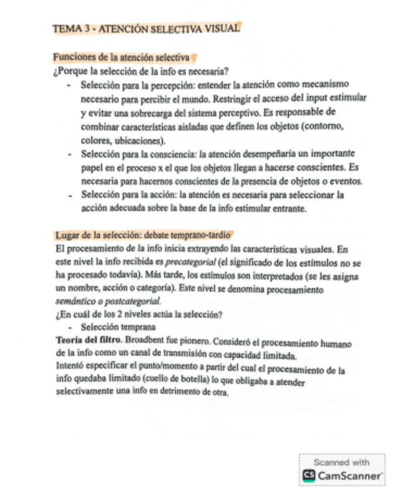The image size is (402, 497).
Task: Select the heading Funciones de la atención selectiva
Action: click(121, 58)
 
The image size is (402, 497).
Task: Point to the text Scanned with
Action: click(342, 462)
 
